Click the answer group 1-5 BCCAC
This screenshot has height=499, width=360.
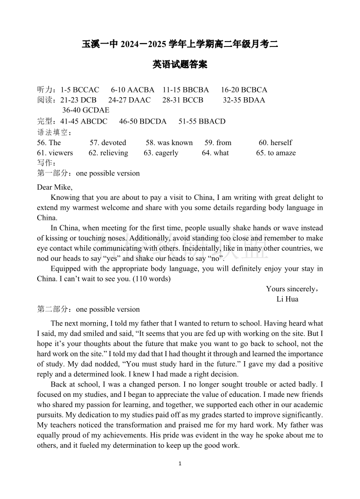point(80,90)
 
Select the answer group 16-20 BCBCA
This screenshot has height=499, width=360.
point(244,90)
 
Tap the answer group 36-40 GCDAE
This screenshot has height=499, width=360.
point(85,110)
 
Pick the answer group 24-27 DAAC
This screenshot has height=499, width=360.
point(129,100)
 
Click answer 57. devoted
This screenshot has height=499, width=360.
point(107,143)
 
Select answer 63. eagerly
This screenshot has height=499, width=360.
point(161,153)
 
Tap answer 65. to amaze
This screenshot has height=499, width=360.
point(275,153)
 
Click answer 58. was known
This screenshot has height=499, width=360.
point(169,143)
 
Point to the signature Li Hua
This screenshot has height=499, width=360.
point(287,299)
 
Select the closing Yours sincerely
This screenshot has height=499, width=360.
point(292,289)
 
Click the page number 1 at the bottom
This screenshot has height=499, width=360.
point(180,463)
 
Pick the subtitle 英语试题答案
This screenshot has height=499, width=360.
point(180,65)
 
